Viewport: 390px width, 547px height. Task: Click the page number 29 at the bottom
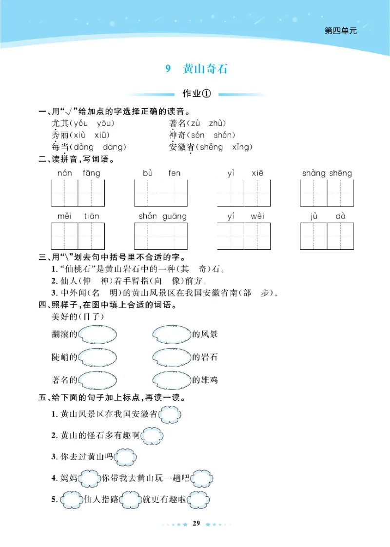point(196,524)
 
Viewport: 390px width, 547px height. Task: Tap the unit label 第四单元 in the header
point(341,31)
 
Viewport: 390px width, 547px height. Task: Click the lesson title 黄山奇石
point(205,69)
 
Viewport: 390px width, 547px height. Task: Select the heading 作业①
point(195,94)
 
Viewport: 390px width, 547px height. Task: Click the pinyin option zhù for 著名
point(217,123)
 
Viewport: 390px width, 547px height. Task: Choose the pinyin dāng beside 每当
point(114,147)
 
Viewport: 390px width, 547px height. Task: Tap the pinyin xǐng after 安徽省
point(242,147)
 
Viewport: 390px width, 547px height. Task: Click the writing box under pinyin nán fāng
point(78,193)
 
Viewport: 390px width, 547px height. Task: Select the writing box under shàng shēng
point(327,193)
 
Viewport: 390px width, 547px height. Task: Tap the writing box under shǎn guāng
point(161,236)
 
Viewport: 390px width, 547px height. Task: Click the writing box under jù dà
point(327,236)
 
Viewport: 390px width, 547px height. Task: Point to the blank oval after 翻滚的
point(97,334)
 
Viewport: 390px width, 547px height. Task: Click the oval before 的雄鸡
point(172,379)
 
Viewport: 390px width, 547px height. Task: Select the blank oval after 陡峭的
point(97,357)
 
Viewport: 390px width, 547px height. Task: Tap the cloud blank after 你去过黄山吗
point(125,457)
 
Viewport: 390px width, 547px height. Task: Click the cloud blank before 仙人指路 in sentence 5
point(72,500)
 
